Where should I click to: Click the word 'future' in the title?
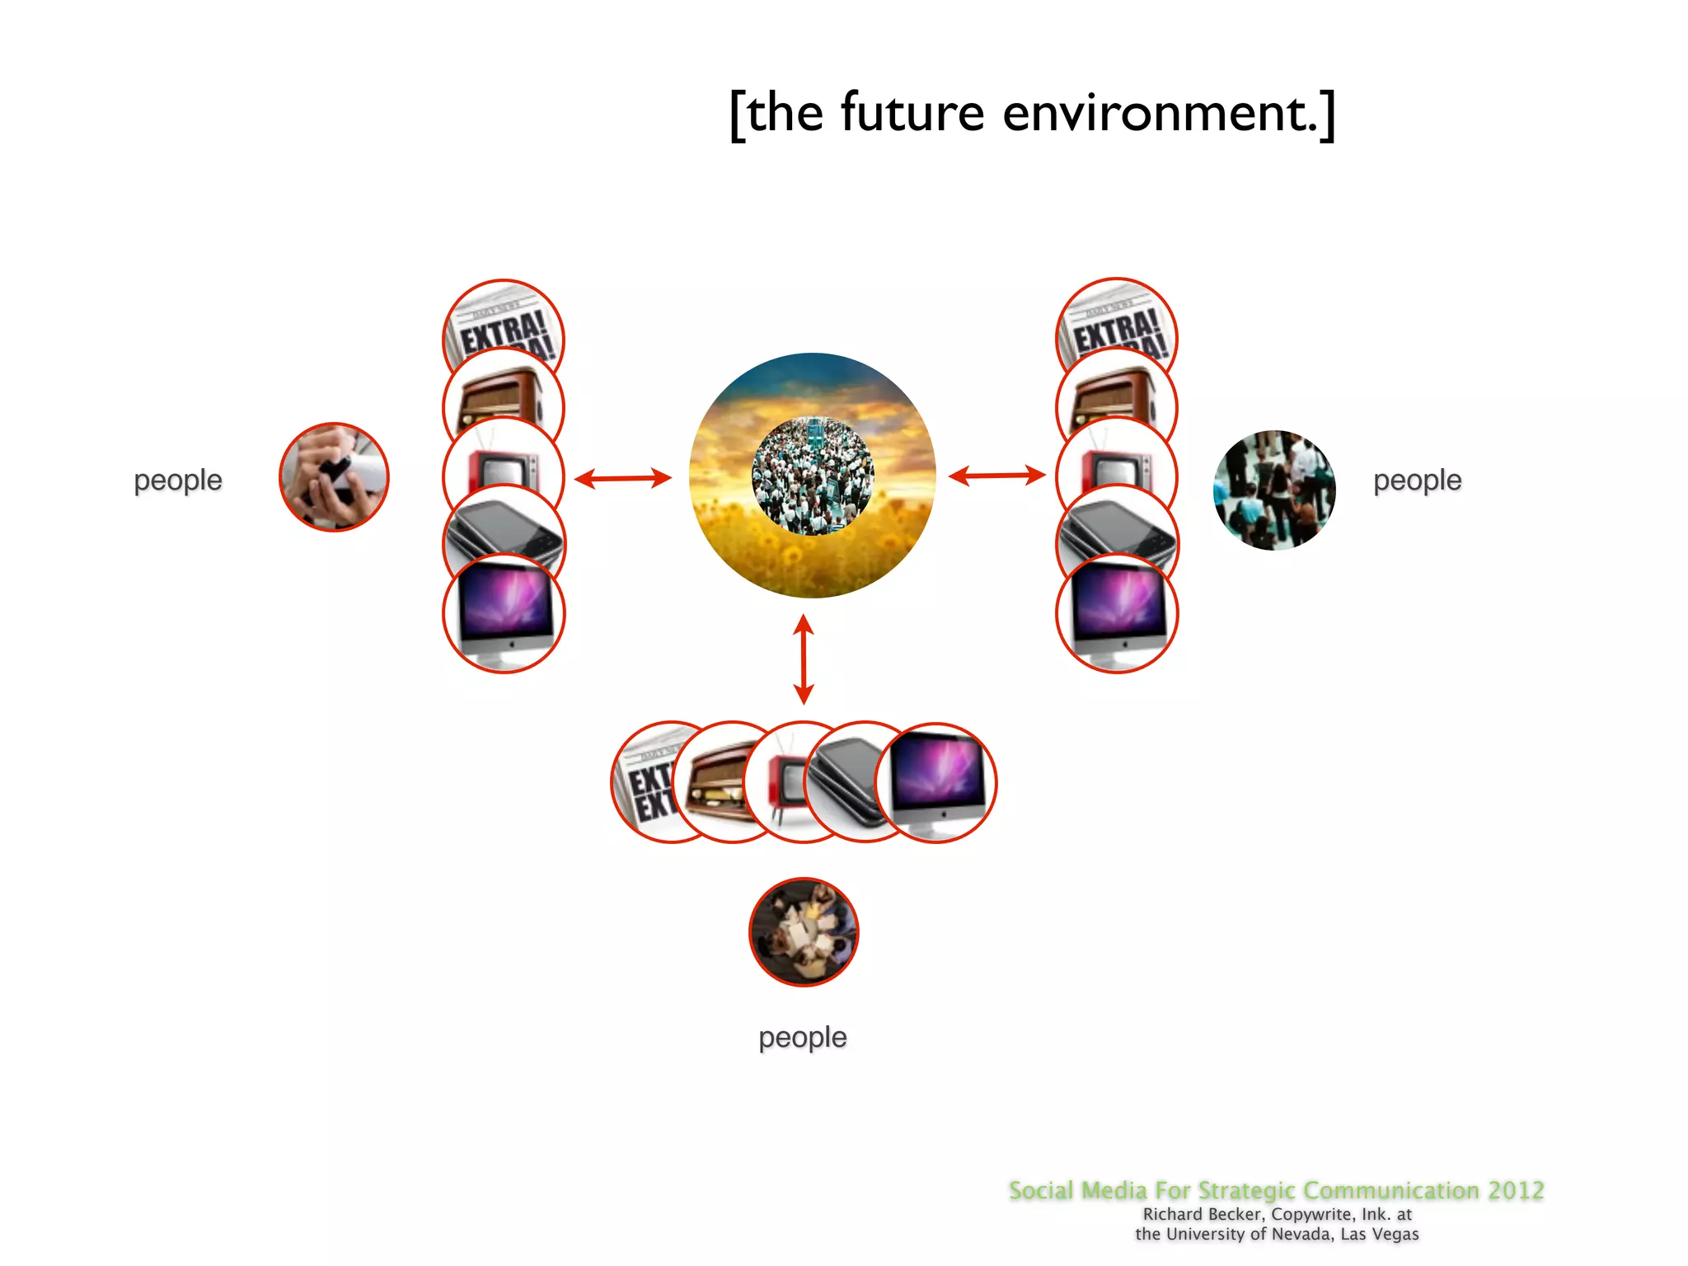coord(912,113)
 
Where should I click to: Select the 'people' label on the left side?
coord(178,480)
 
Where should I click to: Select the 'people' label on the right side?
coord(1417,480)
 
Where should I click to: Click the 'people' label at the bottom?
coord(802,1037)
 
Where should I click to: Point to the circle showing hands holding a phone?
coord(334,477)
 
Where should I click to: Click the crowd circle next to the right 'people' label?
coord(1274,490)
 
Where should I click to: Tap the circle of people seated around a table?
coord(804,931)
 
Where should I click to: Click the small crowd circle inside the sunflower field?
coord(813,476)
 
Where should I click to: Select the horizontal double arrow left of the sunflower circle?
coord(623,478)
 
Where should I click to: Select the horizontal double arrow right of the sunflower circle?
coord(996,476)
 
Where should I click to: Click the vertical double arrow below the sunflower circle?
coord(804,659)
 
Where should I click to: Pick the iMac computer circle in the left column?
coord(504,614)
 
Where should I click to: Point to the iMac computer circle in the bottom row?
coord(938,781)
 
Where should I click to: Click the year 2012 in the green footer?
coord(1516,1190)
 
